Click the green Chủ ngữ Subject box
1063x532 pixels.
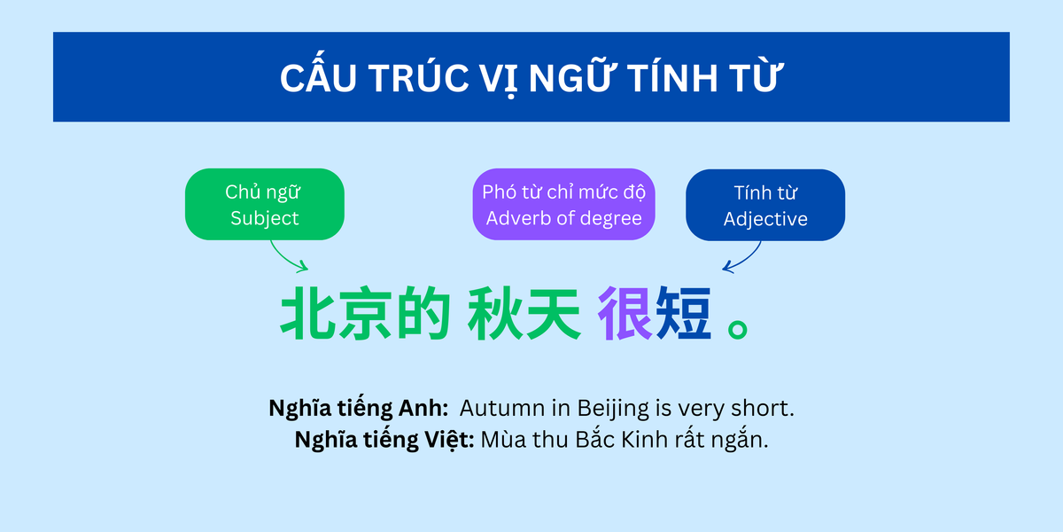[264, 204]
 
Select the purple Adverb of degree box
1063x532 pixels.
[563, 204]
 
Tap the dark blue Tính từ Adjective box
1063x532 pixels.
[765, 205]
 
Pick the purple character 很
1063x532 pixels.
[625, 314]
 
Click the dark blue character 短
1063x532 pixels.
[683, 314]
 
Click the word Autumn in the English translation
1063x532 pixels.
[497, 409]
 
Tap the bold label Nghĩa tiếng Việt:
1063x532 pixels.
[384, 439]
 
